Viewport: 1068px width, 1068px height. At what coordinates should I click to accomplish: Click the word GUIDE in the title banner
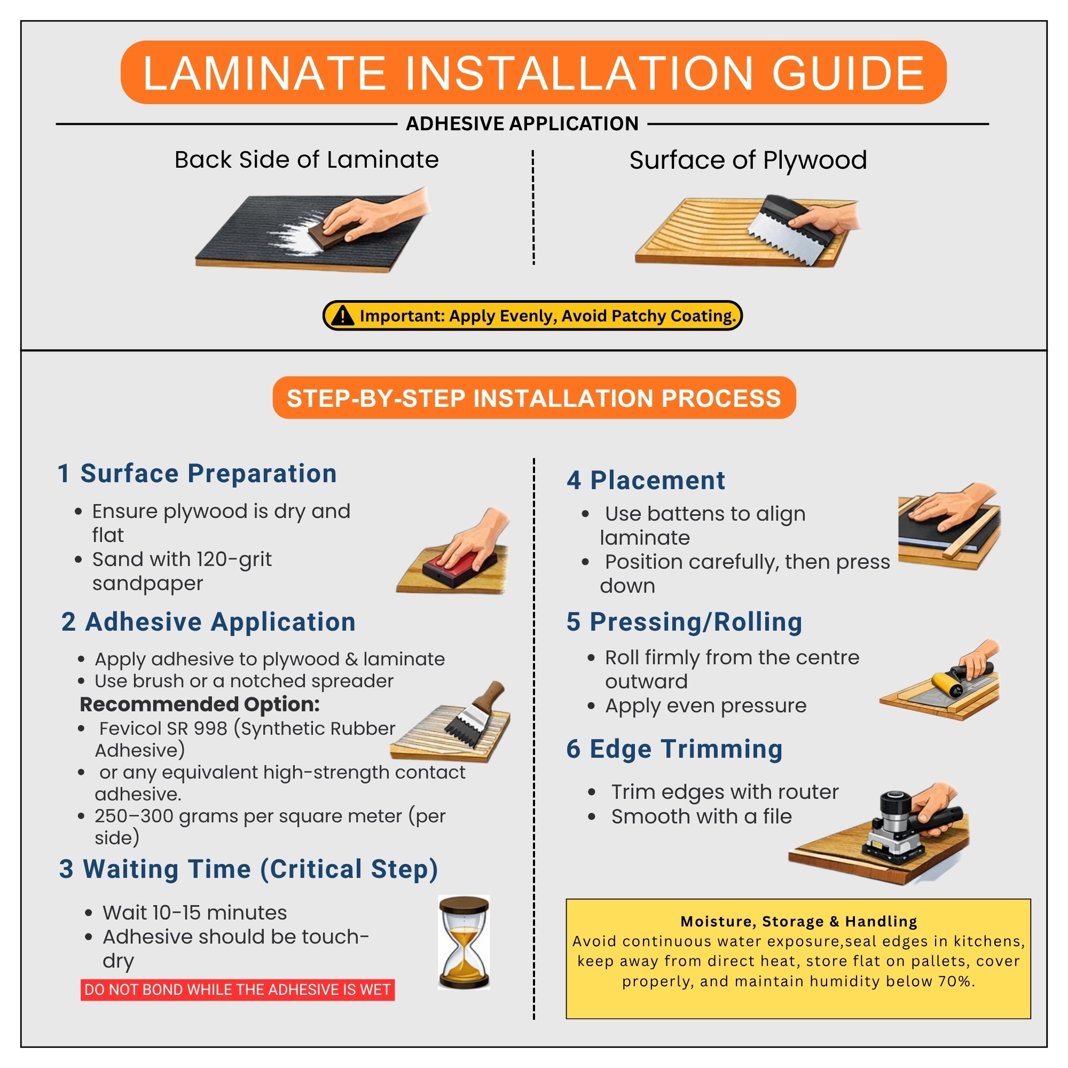848,73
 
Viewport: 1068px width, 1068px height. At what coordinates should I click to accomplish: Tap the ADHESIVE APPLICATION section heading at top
522,123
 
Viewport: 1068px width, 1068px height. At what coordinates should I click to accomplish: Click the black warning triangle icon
343,316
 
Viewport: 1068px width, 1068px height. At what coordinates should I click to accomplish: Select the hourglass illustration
464,942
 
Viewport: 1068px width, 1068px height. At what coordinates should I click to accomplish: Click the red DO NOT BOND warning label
238,990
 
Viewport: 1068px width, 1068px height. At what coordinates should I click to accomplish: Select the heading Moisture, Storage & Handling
798,922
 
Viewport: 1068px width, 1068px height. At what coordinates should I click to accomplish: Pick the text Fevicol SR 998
163,728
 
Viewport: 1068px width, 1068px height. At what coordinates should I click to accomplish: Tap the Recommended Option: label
200,704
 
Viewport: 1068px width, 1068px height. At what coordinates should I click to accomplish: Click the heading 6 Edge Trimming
674,749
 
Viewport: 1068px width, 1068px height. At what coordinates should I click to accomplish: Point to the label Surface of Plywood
748,160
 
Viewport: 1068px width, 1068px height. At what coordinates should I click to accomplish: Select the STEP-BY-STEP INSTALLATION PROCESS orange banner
534,398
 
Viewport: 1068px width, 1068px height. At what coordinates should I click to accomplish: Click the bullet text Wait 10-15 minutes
194,913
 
